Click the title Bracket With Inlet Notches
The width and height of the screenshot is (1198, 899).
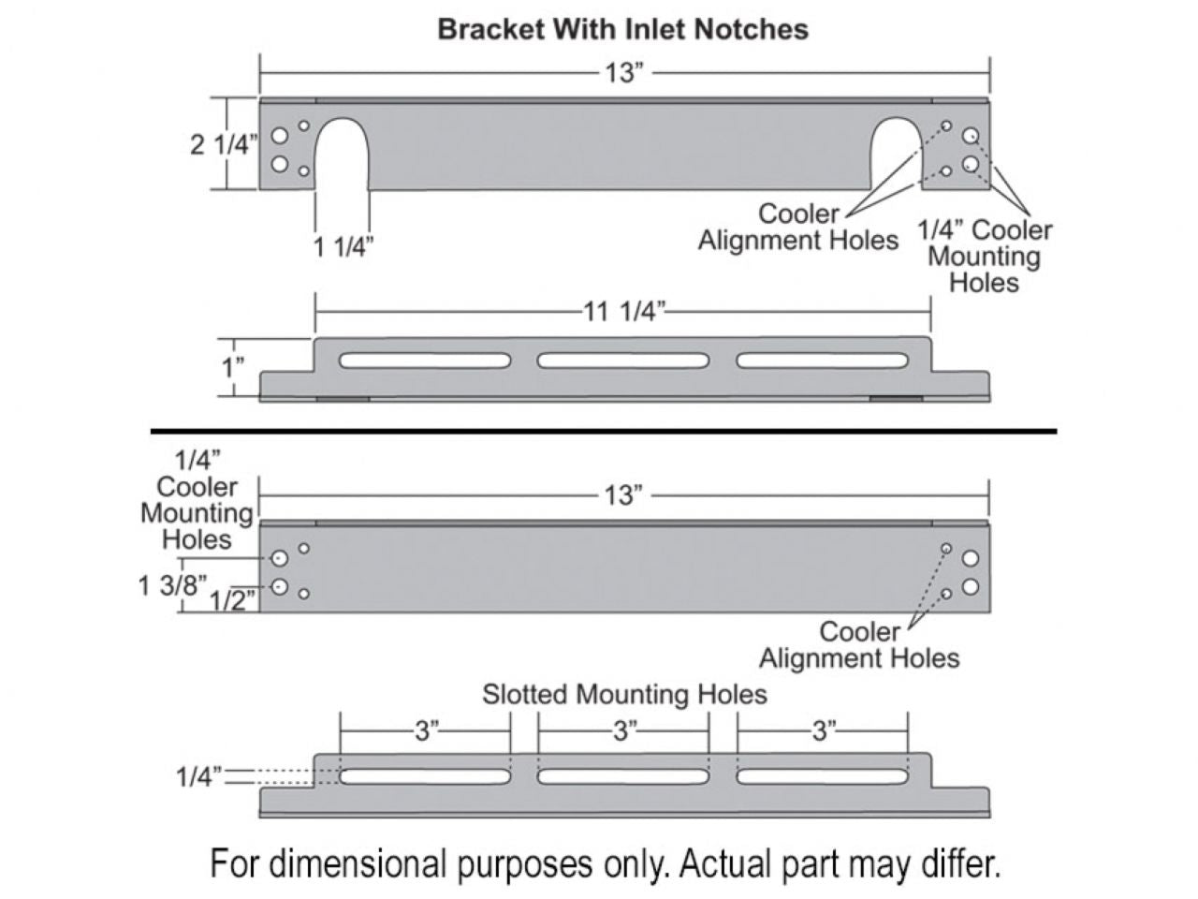(x=622, y=29)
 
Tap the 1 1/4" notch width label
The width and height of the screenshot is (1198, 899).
(x=343, y=247)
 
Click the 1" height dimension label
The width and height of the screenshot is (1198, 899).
(x=232, y=367)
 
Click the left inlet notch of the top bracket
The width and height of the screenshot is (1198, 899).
(x=342, y=155)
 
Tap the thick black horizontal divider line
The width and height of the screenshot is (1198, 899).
(x=604, y=431)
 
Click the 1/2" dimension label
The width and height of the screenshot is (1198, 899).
(x=230, y=600)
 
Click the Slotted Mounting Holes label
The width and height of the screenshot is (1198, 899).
(x=624, y=694)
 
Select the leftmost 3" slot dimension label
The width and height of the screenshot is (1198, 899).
(x=427, y=731)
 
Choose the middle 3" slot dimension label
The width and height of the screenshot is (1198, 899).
(x=623, y=731)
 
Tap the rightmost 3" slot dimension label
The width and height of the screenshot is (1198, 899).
(x=822, y=731)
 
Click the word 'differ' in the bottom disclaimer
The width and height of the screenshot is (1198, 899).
(x=958, y=862)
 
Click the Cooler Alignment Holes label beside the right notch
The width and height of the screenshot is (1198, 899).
(x=797, y=227)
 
